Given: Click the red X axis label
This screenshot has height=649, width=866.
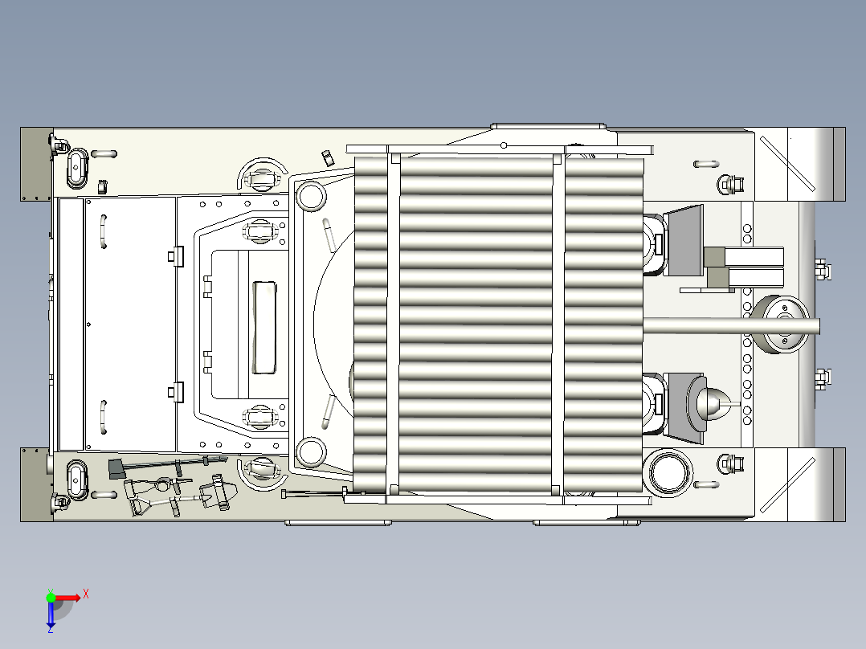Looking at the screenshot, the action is [86, 594].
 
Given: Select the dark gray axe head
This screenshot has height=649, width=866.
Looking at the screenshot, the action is [116, 469].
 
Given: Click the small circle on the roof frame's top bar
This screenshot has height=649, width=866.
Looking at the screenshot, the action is [504, 145].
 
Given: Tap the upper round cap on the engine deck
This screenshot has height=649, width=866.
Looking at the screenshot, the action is [311, 195].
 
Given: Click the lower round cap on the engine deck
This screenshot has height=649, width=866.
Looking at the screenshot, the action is [311, 452].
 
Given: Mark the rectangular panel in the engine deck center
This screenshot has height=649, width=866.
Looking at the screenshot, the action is [264, 327].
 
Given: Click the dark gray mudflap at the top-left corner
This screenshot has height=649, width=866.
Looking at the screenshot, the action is [36, 164].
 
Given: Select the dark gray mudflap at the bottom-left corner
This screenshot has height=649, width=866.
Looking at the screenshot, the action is [36, 484].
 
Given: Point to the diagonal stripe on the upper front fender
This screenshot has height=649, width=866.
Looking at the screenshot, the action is [787, 164].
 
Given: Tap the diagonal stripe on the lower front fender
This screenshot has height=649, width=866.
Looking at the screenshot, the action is [787, 485].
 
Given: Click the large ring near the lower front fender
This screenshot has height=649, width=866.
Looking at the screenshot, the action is [668, 473].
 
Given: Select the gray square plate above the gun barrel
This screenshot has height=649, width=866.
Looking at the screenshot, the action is [683, 240].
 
